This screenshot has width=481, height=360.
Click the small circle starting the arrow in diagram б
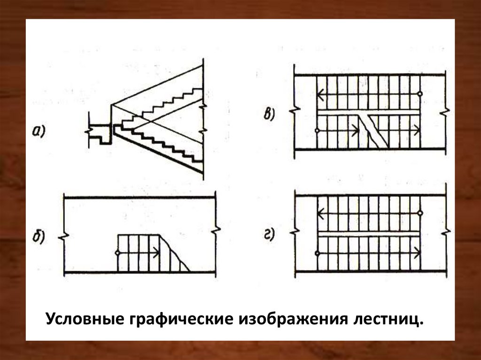[x=117, y=253]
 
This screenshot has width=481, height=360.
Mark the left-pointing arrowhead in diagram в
[x=320, y=94]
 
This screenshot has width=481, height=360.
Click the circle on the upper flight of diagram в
[x=420, y=94]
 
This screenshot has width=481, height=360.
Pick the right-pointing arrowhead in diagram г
[x=417, y=253]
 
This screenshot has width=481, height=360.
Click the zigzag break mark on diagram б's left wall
[x=62, y=236]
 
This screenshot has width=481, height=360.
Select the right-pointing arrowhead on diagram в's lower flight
[x=417, y=130]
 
